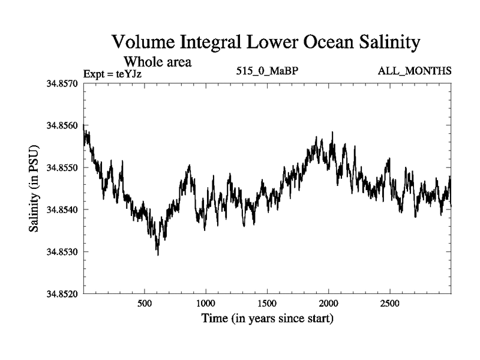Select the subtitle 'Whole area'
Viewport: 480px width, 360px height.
[158, 61]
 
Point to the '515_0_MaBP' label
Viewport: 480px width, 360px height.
[268, 71]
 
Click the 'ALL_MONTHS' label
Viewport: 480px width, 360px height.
[415, 71]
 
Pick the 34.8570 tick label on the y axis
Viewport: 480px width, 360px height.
[62, 83]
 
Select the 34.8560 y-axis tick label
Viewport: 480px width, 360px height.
[62, 125]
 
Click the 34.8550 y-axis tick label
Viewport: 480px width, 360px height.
[62, 167]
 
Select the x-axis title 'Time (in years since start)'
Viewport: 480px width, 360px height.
[267, 318]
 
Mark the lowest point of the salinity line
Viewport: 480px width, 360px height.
[158, 255]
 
